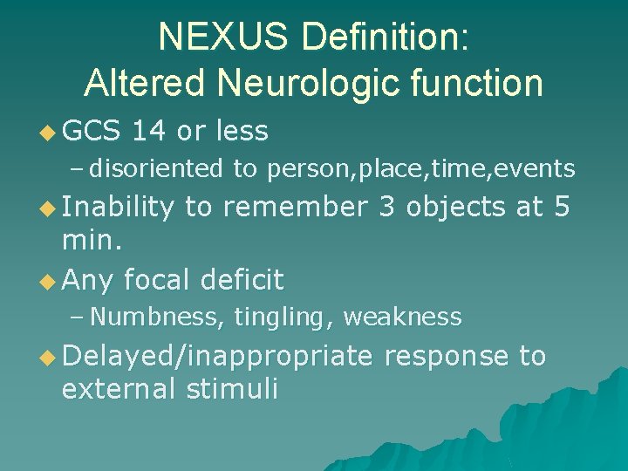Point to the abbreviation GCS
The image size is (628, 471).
tap(91, 132)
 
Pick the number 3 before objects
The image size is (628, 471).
tap(387, 207)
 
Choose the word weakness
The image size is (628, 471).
tap(402, 317)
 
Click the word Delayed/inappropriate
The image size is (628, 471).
tap(217, 356)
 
